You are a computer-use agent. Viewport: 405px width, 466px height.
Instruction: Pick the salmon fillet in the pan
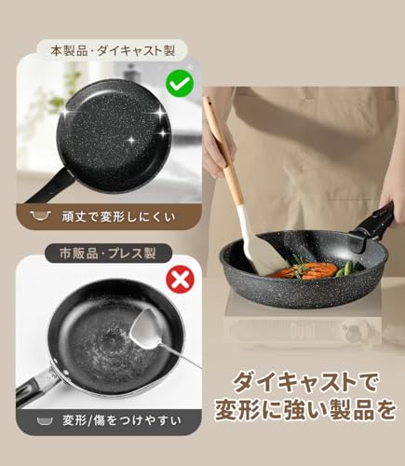pos(316,269)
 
